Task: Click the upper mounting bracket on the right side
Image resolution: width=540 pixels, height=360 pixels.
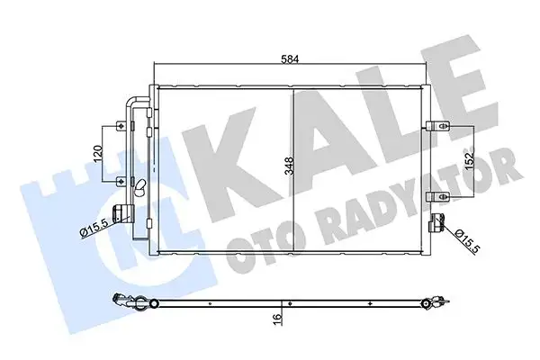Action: [x=437, y=125]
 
